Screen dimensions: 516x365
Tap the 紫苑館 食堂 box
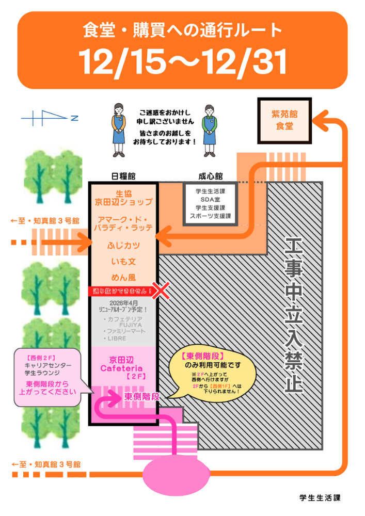284,120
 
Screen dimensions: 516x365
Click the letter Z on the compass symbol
74,119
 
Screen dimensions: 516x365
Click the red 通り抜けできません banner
123,291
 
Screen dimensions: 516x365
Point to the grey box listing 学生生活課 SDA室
210,203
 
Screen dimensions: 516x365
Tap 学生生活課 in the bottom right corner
320,498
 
